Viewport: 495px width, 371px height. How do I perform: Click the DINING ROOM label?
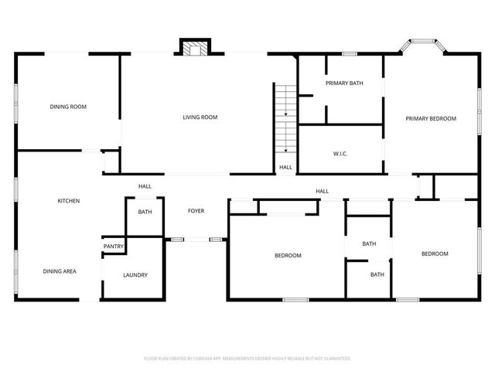(68, 107)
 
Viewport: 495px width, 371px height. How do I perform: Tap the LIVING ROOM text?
(200, 117)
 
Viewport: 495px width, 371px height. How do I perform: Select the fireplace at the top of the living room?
(193, 48)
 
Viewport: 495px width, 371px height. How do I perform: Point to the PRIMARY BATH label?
(344, 83)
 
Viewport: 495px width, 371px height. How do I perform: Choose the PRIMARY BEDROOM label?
(432, 118)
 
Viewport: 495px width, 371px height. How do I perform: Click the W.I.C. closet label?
(340, 154)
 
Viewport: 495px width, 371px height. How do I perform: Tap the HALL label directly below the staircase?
(285, 167)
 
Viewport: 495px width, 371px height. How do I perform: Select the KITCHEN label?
(69, 201)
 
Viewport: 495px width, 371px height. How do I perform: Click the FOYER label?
(196, 211)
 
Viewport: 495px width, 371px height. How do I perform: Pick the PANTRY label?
(114, 247)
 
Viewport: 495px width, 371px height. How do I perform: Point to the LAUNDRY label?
(135, 275)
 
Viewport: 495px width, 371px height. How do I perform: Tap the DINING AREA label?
(60, 271)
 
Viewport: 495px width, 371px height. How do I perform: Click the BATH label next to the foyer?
(145, 212)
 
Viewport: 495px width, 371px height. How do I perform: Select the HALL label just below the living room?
(145, 186)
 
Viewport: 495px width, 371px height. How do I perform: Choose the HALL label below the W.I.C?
(322, 191)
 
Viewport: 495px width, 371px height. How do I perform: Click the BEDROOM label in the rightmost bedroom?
(435, 254)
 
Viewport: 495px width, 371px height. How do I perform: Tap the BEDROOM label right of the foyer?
(288, 255)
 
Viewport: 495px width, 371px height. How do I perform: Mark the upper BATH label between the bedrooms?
(369, 244)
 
